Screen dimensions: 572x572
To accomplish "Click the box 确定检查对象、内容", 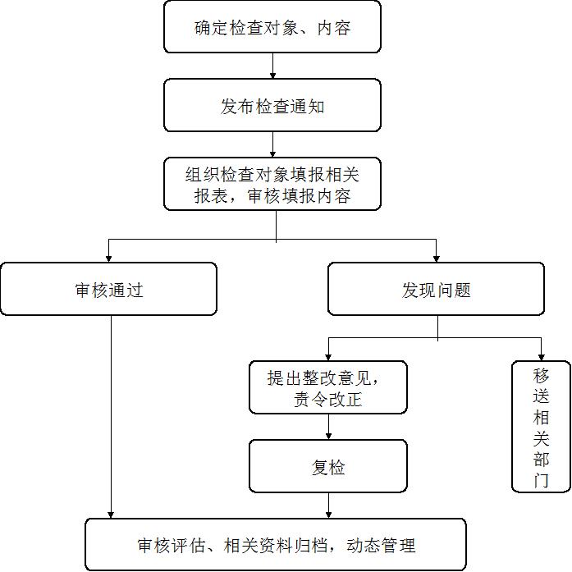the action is pyautogui.click(x=272, y=26).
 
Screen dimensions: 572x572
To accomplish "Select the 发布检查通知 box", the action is pyautogui.click(x=272, y=105).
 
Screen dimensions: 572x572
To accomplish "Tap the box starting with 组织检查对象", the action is pyautogui.click(x=272, y=184).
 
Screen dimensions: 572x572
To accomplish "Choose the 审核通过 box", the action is pyautogui.click(x=108, y=289).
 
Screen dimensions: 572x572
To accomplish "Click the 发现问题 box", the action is pyautogui.click(x=436, y=289).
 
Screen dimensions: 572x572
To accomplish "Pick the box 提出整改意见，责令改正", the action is pyautogui.click(x=328, y=387).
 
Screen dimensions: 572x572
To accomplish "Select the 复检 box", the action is pyautogui.click(x=328, y=466).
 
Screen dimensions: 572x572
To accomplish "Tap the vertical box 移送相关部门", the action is pyautogui.click(x=541, y=427).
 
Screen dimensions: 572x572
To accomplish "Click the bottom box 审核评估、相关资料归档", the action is pyautogui.click(x=276, y=544).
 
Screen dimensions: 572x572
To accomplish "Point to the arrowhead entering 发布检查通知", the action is pyautogui.click(x=272, y=76).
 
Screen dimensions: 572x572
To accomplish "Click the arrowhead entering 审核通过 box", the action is pyautogui.click(x=108, y=259).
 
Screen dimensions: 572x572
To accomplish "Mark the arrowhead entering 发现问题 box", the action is pyautogui.click(x=437, y=259).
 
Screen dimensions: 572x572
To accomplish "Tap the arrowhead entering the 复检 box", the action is pyautogui.click(x=328, y=437).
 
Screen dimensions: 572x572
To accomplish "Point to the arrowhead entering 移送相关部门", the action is pyautogui.click(x=542, y=358).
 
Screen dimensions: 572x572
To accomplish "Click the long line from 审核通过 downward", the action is pyautogui.click(x=111, y=417).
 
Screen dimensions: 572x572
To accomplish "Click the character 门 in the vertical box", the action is pyautogui.click(x=541, y=480).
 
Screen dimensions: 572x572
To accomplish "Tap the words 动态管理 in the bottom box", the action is pyautogui.click(x=381, y=546).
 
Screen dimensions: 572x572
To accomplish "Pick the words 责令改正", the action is pyautogui.click(x=328, y=399).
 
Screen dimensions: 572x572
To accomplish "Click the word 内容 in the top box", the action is pyautogui.click(x=334, y=28).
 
